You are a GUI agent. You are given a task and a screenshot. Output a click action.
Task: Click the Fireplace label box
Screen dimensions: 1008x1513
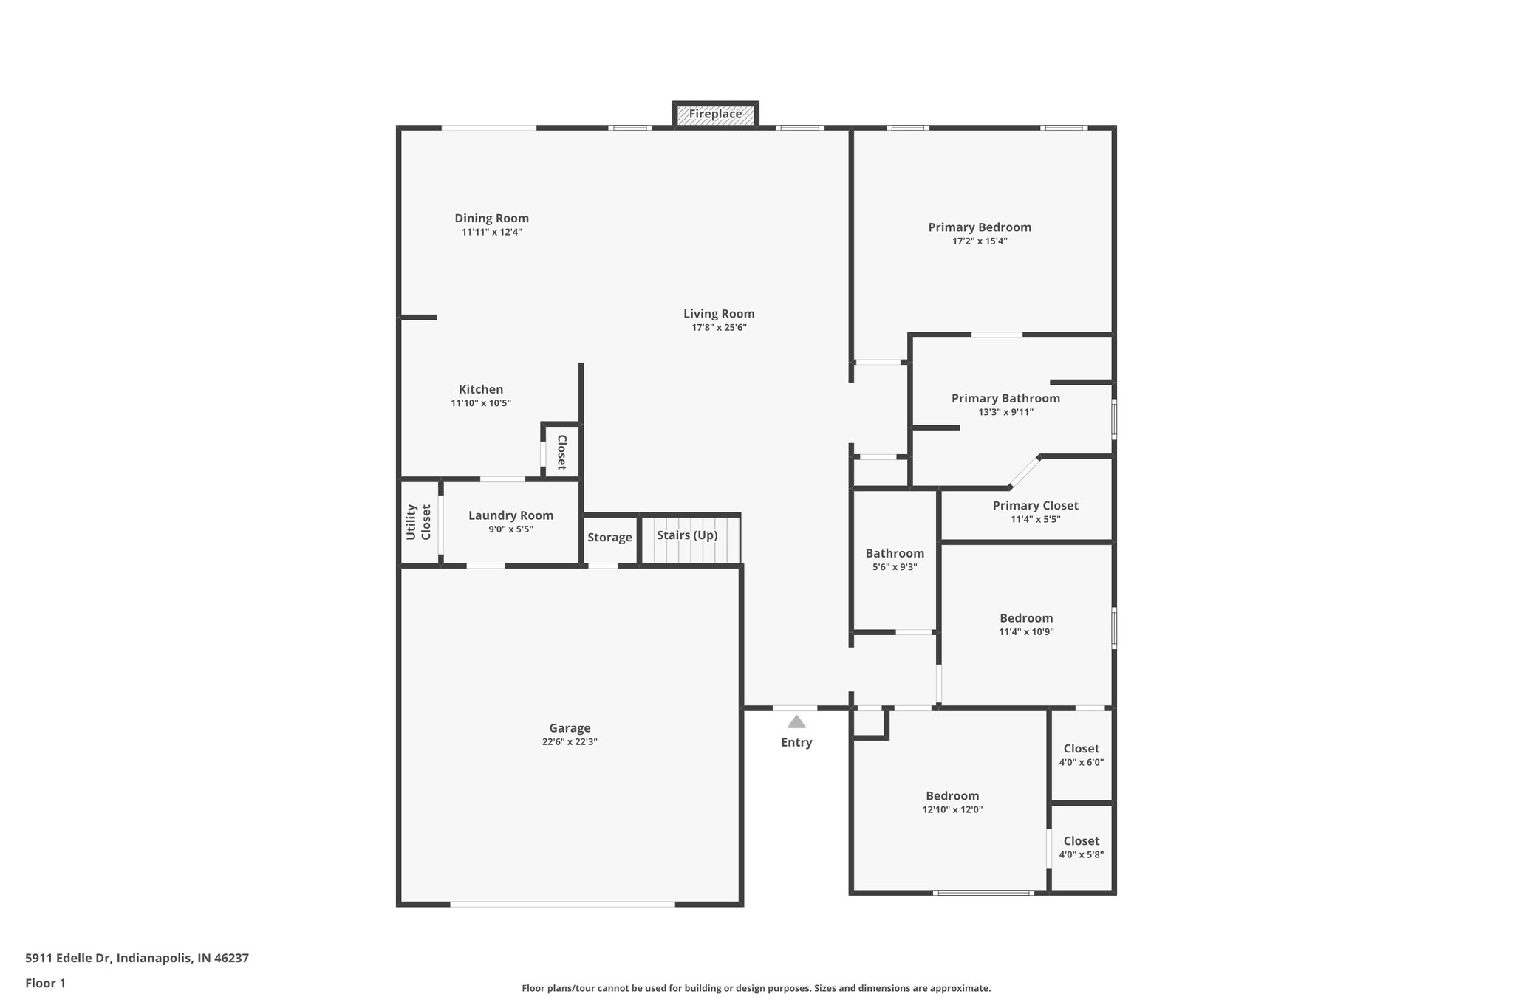tap(715, 114)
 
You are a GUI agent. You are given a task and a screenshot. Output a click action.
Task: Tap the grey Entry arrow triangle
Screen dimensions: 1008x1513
tap(796, 722)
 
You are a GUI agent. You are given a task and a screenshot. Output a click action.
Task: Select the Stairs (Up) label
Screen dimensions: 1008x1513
tap(687, 535)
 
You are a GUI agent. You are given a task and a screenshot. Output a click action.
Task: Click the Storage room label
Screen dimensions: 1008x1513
tap(609, 538)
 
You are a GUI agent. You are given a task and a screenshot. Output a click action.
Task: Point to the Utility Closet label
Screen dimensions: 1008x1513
tap(418, 522)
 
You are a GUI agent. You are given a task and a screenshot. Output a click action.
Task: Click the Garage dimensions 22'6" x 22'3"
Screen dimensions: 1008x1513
tap(570, 742)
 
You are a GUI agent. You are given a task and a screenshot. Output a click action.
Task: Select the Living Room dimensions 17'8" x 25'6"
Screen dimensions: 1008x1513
tap(719, 328)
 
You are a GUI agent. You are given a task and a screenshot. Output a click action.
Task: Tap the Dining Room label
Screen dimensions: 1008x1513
tap(491, 219)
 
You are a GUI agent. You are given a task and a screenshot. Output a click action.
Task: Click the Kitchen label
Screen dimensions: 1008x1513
tap(481, 390)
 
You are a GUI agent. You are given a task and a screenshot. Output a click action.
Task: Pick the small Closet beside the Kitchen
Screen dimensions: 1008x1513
tap(561, 452)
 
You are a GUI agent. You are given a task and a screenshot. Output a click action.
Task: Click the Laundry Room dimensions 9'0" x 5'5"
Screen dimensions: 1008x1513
tap(510, 529)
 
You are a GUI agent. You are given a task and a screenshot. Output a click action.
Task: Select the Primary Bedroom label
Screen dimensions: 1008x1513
tap(980, 227)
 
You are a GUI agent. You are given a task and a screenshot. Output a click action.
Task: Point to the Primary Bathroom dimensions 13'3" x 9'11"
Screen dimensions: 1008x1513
tap(1005, 413)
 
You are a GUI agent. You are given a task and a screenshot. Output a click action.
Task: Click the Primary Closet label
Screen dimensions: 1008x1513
tap(1035, 506)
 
